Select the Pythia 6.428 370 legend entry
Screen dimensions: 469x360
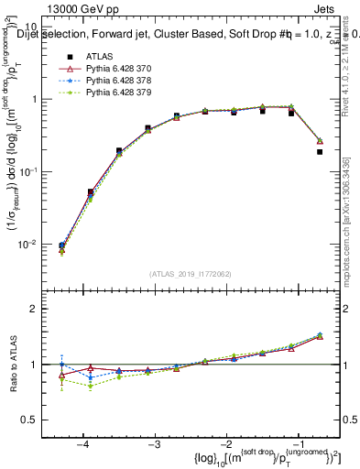(x=123, y=69)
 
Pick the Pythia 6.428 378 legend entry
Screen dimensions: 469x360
(x=123, y=81)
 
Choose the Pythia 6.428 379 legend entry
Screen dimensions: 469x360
(x=123, y=93)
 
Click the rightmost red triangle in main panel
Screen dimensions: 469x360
(x=319, y=141)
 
